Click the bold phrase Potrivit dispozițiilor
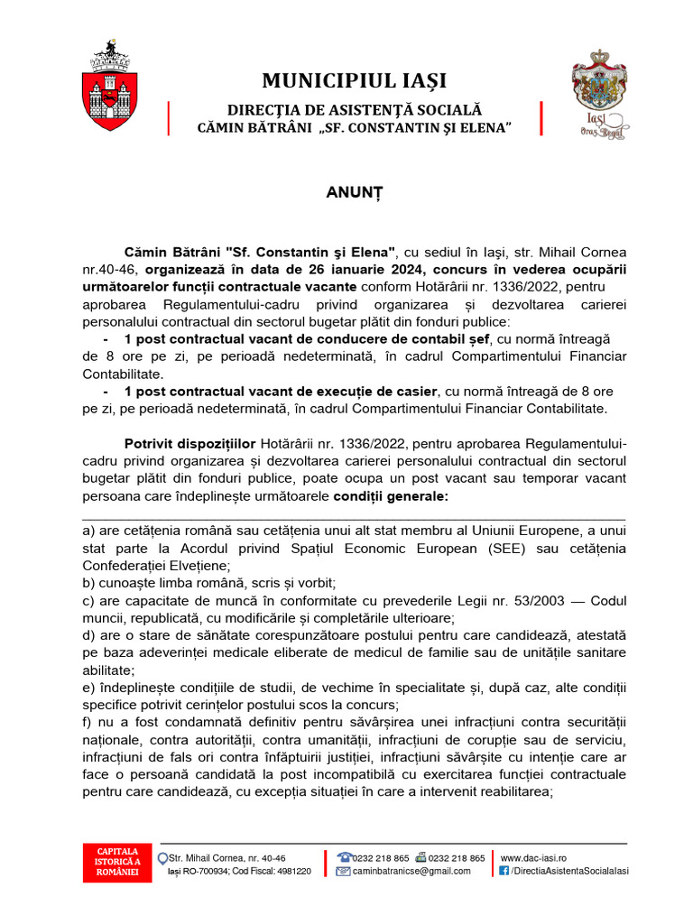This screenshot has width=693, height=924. [190, 443]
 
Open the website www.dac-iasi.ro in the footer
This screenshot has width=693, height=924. [534, 857]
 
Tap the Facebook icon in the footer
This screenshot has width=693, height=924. [504, 871]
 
